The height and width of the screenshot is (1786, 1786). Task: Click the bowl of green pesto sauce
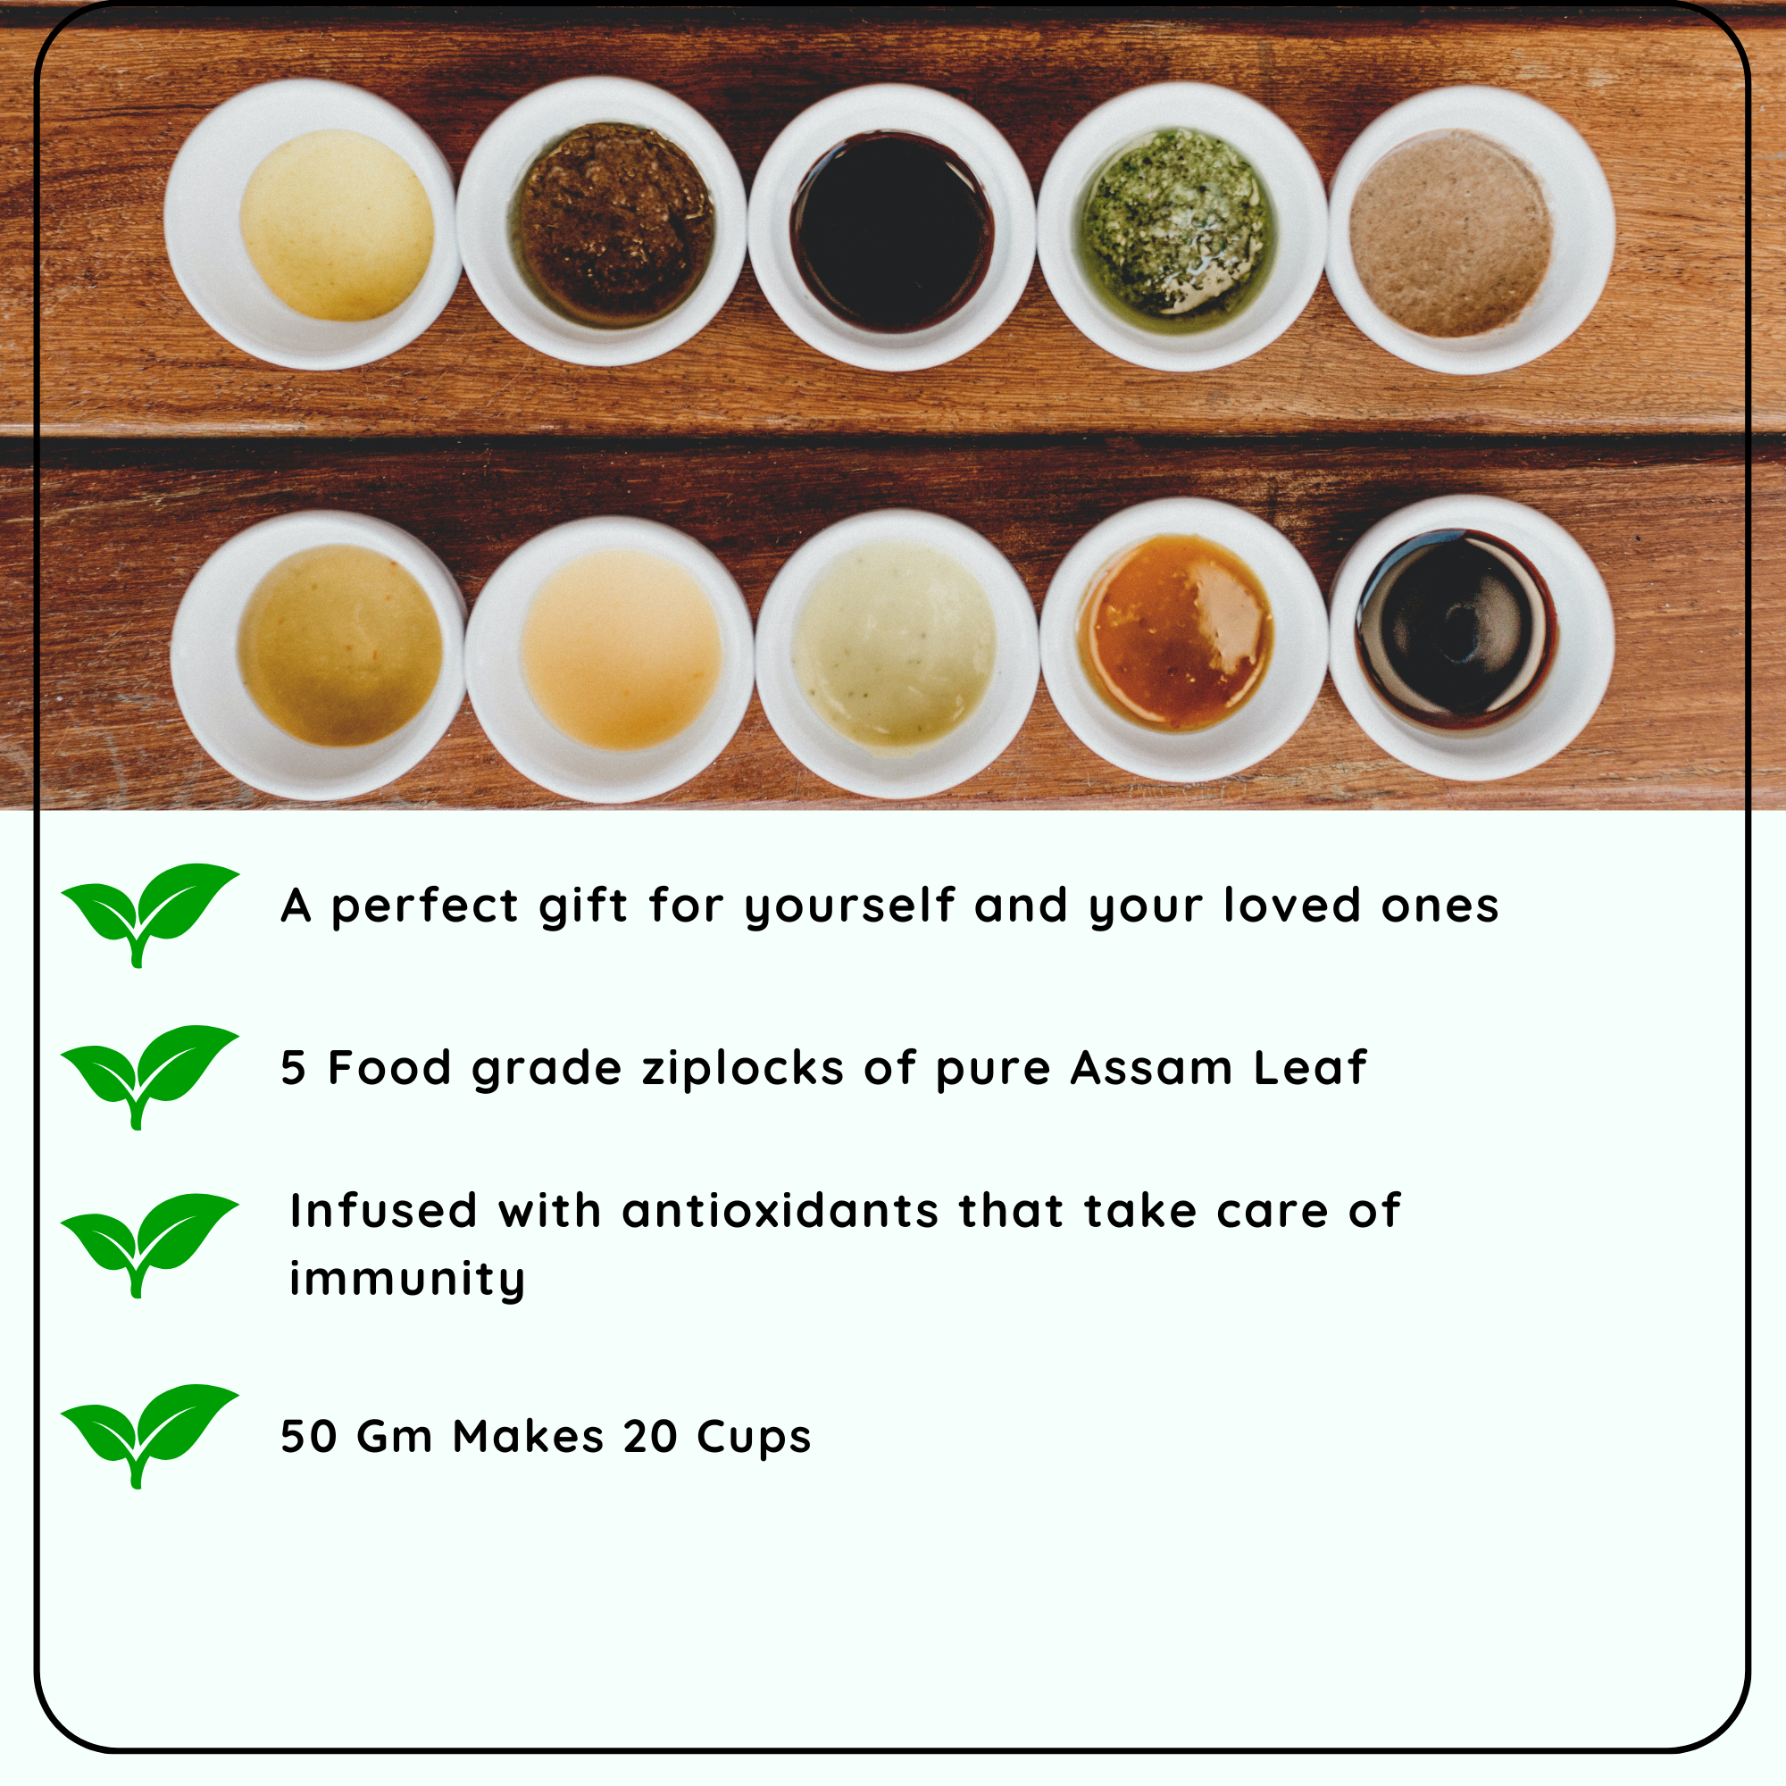(x=1181, y=227)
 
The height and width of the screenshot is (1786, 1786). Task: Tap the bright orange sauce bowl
(x=1184, y=639)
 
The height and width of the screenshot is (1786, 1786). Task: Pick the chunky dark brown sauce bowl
(x=601, y=221)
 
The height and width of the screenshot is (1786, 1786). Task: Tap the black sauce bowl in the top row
(x=892, y=228)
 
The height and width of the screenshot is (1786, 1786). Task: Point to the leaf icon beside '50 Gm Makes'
(x=150, y=1436)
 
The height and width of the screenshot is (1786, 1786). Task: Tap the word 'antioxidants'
(x=780, y=1211)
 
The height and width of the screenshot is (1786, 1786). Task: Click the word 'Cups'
(x=754, y=1439)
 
